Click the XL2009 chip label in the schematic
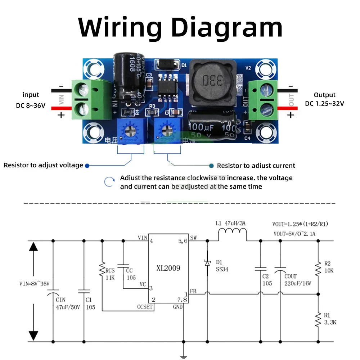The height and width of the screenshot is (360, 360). [168, 268]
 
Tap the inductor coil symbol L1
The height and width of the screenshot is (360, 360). [233, 236]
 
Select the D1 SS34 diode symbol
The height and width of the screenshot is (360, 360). [207, 263]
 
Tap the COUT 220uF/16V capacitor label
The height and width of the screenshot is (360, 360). [297, 280]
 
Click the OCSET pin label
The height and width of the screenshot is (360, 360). [145, 307]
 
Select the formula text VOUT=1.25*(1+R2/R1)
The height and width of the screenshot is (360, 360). [301, 224]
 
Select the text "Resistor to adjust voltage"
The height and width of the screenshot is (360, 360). [43, 165]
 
